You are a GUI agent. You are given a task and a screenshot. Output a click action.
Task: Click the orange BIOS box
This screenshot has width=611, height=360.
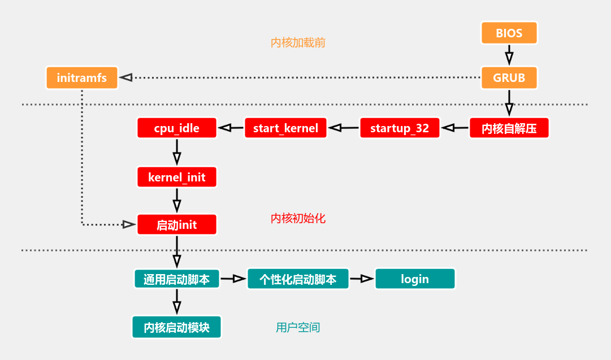[x=509, y=33]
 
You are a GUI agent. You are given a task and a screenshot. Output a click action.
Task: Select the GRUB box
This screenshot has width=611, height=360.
[x=509, y=78]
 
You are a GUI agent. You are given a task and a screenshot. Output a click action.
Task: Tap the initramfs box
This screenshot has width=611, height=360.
[x=82, y=78]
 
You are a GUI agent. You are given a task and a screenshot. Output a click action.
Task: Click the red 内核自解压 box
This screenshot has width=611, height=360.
[x=509, y=128]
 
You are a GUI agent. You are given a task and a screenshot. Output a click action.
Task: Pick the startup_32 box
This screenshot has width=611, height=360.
[x=400, y=128]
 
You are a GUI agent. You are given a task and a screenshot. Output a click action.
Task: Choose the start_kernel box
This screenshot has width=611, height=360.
[x=285, y=128]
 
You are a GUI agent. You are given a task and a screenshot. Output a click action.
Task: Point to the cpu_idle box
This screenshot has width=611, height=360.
[x=176, y=128]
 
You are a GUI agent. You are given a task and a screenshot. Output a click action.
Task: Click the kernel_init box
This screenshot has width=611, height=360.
[x=176, y=177]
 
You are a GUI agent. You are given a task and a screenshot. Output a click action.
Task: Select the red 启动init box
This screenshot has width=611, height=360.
[x=176, y=225]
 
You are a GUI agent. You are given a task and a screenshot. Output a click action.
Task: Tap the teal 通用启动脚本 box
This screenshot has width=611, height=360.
[x=176, y=279]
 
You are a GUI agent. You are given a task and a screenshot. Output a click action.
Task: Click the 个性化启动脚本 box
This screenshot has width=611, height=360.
[x=298, y=279]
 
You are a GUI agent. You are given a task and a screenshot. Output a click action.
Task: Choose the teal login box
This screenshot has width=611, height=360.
[x=415, y=279]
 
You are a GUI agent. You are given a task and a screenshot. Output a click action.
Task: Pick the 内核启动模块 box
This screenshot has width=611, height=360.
[x=176, y=327]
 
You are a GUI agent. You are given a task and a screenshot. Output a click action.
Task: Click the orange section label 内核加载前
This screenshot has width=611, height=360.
[x=298, y=43]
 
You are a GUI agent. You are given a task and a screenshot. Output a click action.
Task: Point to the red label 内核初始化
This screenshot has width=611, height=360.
[x=298, y=219]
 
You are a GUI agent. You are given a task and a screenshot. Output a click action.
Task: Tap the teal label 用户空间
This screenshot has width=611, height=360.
[x=298, y=327]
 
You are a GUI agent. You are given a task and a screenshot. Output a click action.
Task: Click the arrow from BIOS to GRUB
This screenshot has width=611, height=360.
[x=509, y=55]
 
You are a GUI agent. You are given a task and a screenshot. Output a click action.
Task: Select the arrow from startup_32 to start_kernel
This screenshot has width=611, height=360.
[x=344, y=128]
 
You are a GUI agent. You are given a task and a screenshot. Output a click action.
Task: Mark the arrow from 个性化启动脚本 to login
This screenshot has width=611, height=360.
[x=362, y=279]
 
